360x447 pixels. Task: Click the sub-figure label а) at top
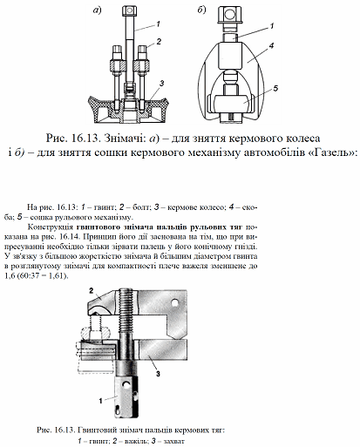[x=97, y=10]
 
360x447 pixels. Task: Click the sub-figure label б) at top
[x=201, y=10]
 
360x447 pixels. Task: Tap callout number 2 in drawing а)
[x=159, y=42]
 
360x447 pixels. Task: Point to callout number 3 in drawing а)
[x=161, y=84]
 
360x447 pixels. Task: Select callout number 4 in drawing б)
[x=271, y=45]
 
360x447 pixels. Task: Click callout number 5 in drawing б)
[x=275, y=88]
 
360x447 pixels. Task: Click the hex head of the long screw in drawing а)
[x=130, y=11]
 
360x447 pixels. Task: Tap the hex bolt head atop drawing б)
[x=229, y=15]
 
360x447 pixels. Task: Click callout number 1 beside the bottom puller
[x=101, y=401]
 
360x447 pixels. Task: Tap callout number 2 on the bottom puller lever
[x=92, y=291]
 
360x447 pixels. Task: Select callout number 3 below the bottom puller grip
[x=158, y=374]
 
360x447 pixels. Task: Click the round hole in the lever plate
[x=174, y=303]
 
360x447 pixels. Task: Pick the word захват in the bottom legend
[x=174, y=442]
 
